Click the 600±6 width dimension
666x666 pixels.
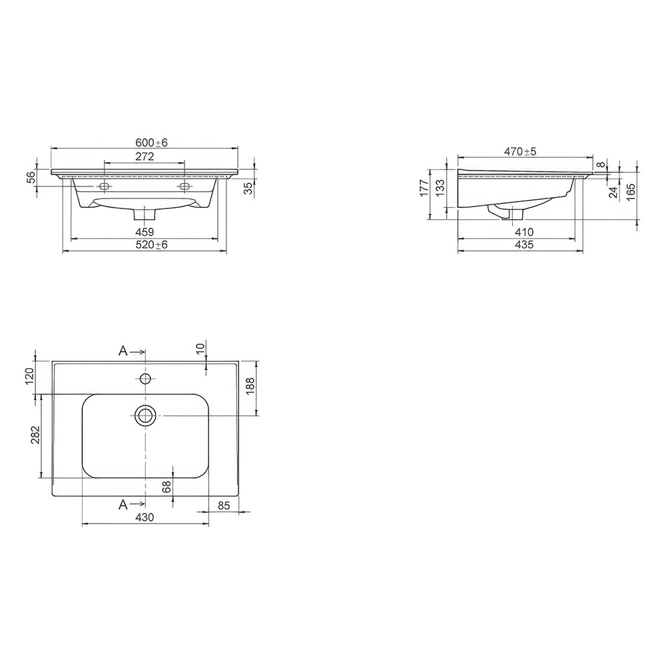click(152, 143)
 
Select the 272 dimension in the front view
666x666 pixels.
click(145, 157)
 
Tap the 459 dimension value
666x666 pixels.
click(145, 232)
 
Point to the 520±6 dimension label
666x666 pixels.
click(152, 244)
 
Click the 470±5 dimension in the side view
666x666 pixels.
click(520, 151)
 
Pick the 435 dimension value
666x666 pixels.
click(523, 244)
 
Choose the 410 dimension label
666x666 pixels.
click(523, 232)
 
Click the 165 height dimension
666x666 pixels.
click(631, 192)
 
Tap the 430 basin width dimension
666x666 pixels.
click(145, 517)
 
